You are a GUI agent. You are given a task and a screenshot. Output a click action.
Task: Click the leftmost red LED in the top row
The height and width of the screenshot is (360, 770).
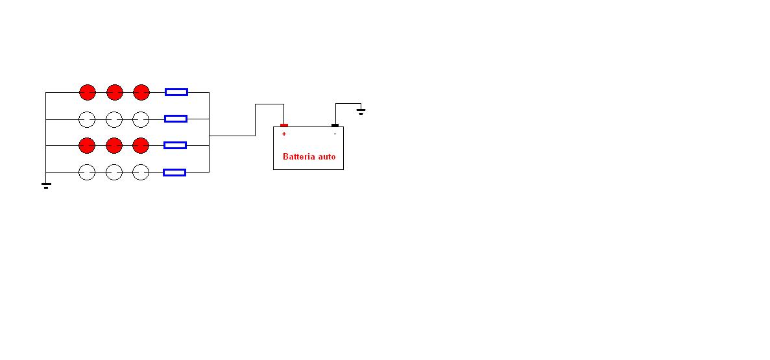pyautogui.click(x=88, y=92)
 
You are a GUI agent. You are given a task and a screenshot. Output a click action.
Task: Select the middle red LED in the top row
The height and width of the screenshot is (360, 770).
pyautogui.click(x=114, y=92)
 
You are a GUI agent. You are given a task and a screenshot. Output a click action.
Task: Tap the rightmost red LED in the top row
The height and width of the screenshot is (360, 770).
pyautogui.click(x=141, y=92)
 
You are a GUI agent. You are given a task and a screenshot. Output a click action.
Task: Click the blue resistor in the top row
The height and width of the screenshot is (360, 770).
pyautogui.click(x=176, y=92)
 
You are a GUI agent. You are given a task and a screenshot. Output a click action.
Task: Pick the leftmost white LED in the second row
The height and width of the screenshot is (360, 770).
pyautogui.click(x=87, y=119)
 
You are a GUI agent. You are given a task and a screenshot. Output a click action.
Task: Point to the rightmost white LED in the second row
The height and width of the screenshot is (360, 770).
pyautogui.click(x=141, y=119)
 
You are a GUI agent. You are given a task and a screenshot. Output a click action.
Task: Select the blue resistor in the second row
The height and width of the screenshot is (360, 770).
pyautogui.click(x=176, y=118)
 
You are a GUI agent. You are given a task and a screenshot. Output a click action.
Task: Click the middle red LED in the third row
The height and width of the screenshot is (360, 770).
pyautogui.click(x=114, y=146)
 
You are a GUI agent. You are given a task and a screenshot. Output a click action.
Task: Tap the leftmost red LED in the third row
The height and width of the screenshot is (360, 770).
pyautogui.click(x=87, y=146)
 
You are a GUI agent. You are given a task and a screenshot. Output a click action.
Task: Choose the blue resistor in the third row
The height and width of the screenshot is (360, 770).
pyautogui.click(x=174, y=145)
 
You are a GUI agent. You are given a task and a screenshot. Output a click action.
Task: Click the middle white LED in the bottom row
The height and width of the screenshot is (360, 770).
pyautogui.click(x=114, y=173)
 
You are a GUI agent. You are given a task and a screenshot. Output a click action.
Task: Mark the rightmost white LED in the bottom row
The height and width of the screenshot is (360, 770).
pyautogui.click(x=141, y=173)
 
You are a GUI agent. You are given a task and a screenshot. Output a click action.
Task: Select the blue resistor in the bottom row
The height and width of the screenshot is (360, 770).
pyautogui.click(x=174, y=173)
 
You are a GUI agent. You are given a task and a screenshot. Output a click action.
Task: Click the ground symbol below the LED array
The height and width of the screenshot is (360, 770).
pyautogui.click(x=46, y=186)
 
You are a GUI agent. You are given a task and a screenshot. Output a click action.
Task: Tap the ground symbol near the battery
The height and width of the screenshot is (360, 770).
pyautogui.click(x=361, y=112)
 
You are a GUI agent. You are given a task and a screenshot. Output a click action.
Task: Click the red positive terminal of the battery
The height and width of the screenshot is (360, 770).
pyautogui.click(x=284, y=125)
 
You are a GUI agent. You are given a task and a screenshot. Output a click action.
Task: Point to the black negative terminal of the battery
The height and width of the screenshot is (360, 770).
pyautogui.click(x=335, y=125)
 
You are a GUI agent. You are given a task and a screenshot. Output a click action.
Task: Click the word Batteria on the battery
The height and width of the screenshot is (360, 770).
pyautogui.click(x=299, y=157)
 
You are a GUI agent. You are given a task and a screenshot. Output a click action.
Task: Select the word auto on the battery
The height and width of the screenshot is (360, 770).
pyautogui.click(x=327, y=157)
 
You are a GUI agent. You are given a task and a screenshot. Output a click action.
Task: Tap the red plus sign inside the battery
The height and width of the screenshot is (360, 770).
pyautogui.click(x=284, y=134)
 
